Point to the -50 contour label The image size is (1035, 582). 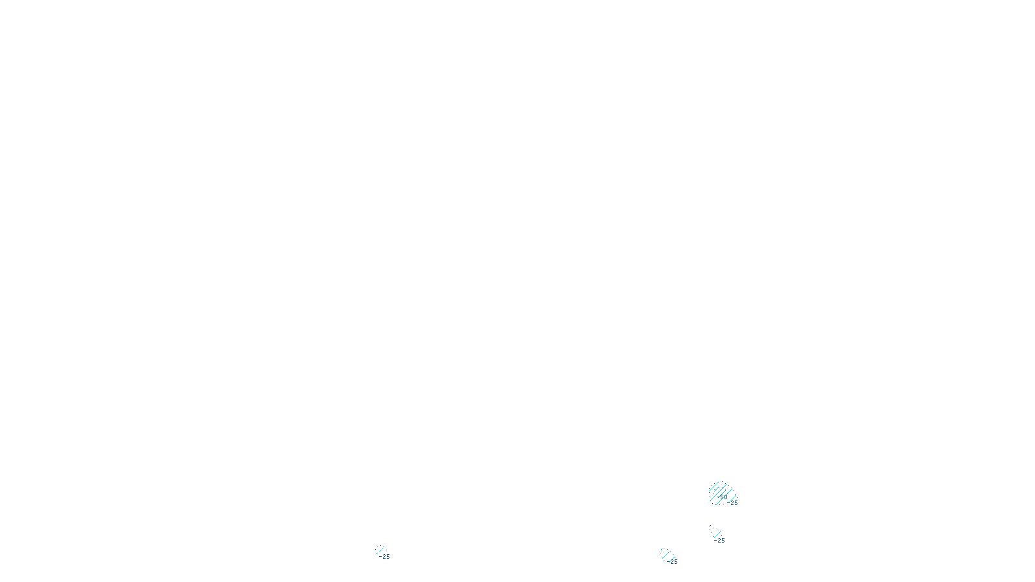click(722, 497)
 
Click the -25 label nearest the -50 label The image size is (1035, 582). click(733, 502)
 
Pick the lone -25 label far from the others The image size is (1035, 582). click(385, 556)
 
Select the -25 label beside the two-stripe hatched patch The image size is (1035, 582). click(673, 561)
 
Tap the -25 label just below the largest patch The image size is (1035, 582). click(720, 540)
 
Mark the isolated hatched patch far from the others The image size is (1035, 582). click(380, 550)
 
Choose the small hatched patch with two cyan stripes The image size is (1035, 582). click(666, 554)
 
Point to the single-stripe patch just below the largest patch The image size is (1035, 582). click(714, 532)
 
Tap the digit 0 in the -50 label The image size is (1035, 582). click(725, 497)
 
